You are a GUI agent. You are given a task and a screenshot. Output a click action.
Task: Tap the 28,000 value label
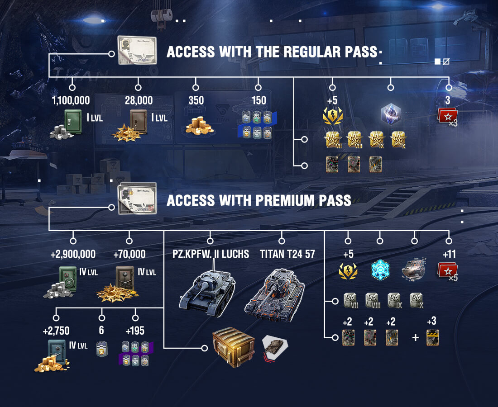click(139, 100)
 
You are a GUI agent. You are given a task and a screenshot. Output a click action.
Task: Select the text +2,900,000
click(73, 254)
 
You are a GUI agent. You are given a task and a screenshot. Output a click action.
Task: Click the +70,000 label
click(129, 254)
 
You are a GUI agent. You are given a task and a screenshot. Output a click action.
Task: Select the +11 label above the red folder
click(449, 254)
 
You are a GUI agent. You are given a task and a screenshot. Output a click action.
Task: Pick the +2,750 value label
click(57, 331)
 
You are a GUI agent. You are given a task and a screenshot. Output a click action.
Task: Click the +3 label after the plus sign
click(432, 322)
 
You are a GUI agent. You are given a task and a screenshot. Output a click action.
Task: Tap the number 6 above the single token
click(101, 331)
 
